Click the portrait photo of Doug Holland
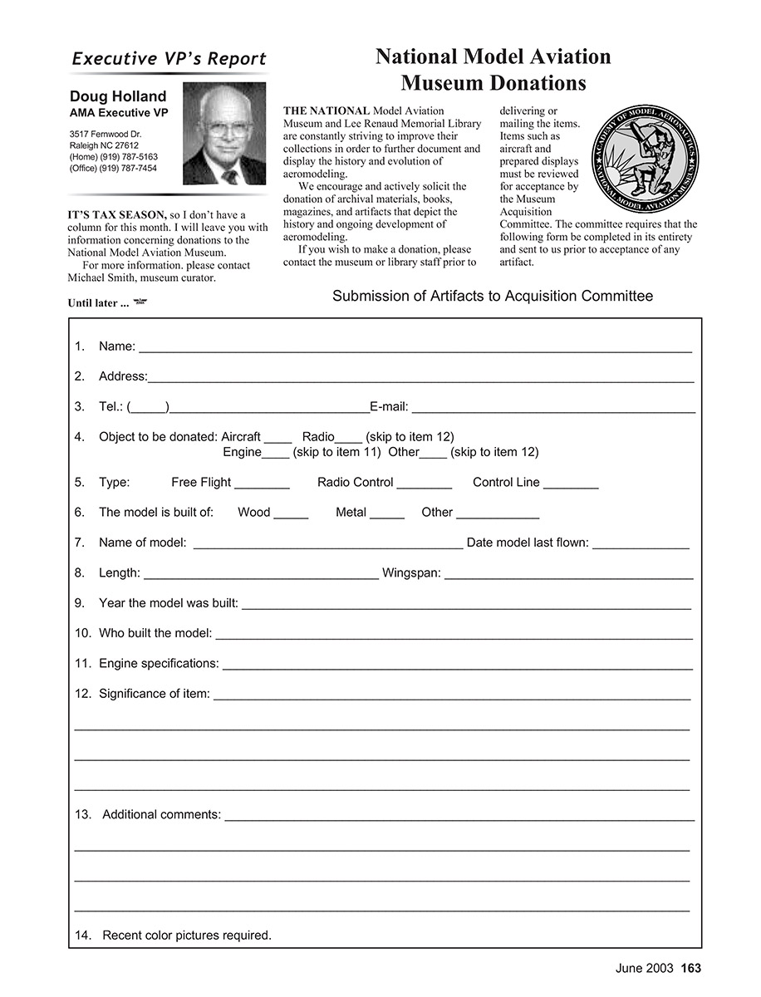tap(224, 133)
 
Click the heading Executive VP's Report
tap(169, 59)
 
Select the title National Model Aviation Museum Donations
tap(493, 70)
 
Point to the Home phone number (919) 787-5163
tap(113, 156)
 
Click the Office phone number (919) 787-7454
tap(113, 168)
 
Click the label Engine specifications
tap(159, 663)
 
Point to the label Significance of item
tap(154, 693)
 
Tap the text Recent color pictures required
tap(187, 936)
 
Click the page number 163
tap(691, 968)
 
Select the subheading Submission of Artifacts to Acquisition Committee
tap(493, 296)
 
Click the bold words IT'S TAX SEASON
tap(117, 215)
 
